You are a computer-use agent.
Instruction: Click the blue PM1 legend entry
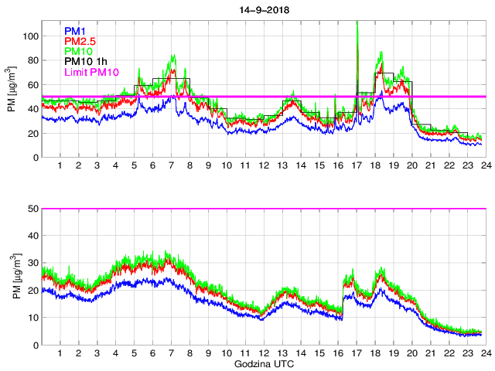point(75,31)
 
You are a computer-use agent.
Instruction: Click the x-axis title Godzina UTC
point(263,363)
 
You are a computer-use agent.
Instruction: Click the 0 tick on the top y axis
point(36,158)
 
